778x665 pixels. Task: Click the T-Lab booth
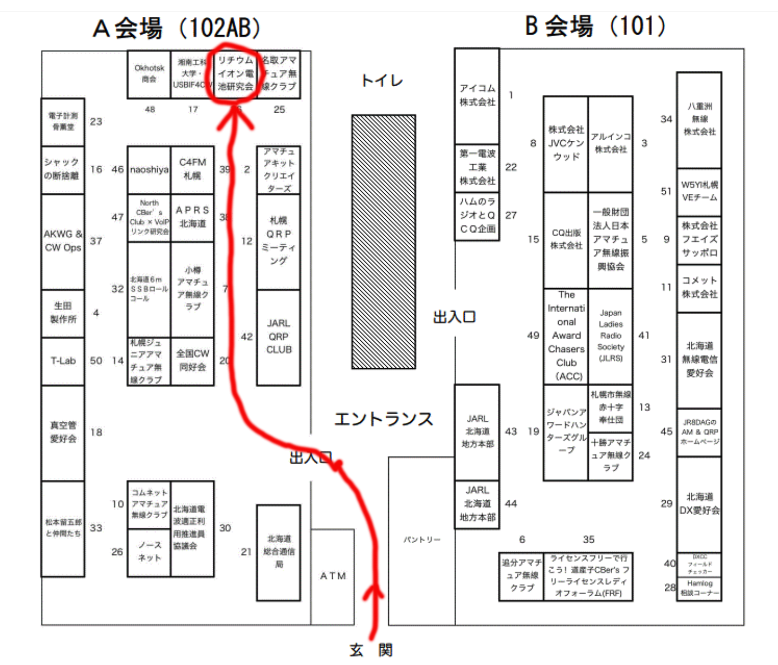click(63, 361)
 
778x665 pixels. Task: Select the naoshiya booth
click(149, 170)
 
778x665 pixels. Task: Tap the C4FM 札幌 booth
click(192, 169)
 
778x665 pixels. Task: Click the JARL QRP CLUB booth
click(278, 337)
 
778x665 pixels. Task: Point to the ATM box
click(333, 576)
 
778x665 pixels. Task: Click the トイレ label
click(382, 81)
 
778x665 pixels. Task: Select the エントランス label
click(384, 419)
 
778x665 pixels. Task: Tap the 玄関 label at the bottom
click(371, 650)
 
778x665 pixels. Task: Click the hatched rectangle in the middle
click(384, 242)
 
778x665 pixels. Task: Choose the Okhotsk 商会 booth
click(149, 74)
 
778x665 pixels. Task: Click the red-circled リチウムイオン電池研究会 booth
click(236, 74)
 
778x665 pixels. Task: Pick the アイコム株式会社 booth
click(477, 95)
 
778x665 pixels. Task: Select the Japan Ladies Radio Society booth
click(611, 336)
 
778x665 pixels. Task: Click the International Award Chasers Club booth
click(566, 336)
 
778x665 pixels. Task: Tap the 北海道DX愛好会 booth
click(699, 504)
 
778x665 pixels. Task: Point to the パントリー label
click(422, 540)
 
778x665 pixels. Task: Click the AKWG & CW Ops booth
click(63, 242)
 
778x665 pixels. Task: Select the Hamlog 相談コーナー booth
click(699, 589)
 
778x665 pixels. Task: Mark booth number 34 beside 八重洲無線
click(666, 119)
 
